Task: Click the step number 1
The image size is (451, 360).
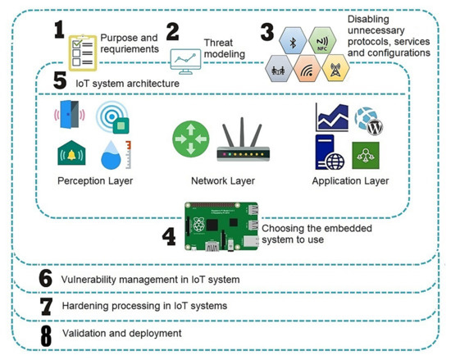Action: pos(58,31)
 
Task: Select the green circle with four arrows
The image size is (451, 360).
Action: pos(189,139)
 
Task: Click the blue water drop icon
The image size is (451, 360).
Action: pos(116,153)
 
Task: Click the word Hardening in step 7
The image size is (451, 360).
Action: pos(85,307)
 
